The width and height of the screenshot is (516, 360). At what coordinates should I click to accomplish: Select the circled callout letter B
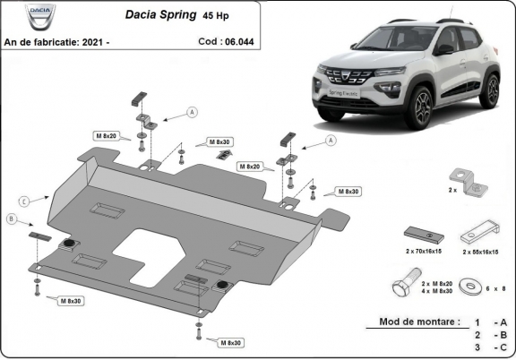[x=11, y=219]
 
